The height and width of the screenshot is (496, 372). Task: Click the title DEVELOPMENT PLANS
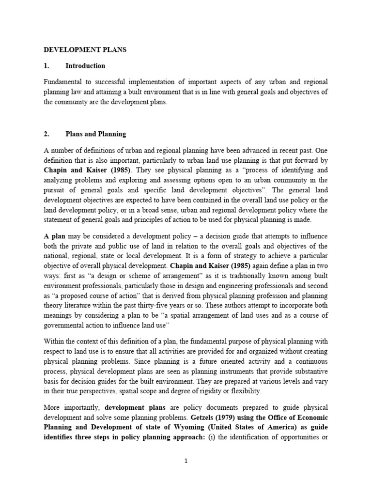click(x=85, y=50)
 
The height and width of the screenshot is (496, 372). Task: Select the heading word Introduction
click(x=85, y=66)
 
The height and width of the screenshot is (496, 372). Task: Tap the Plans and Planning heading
click(x=95, y=134)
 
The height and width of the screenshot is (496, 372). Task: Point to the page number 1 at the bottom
click(x=186, y=462)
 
